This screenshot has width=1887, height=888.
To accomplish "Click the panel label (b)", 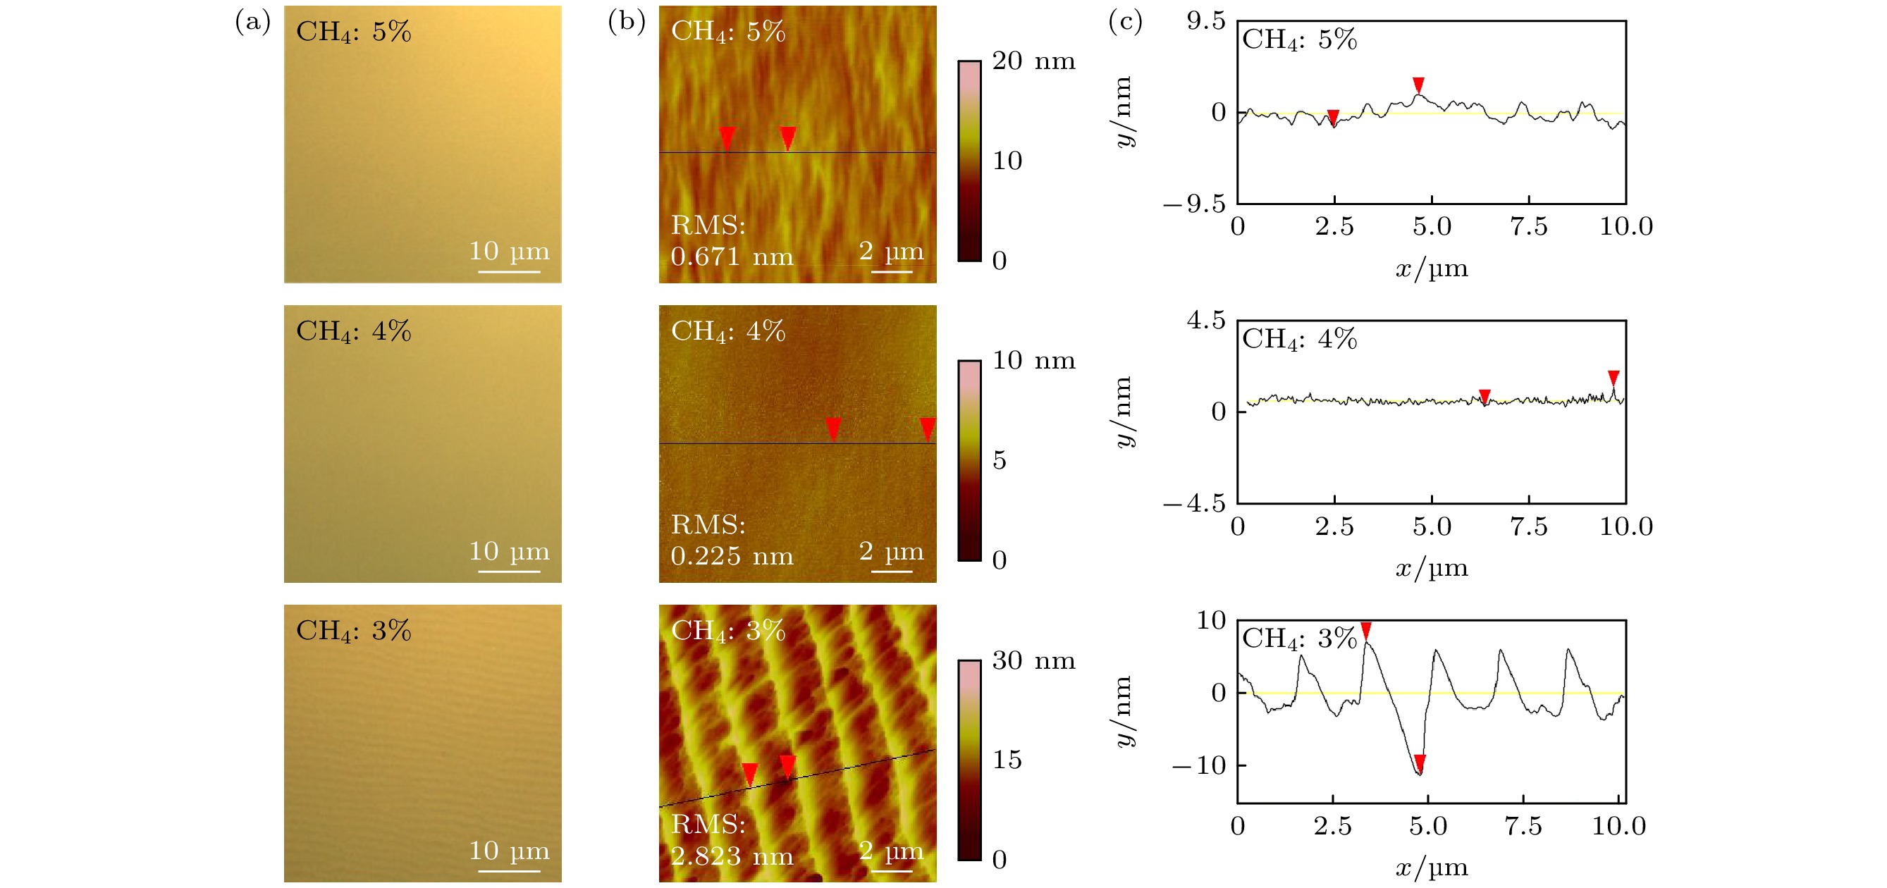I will (x=627, y=22).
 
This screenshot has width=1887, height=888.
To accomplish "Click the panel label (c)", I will (x=1125, y=22).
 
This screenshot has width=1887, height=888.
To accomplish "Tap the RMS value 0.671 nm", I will (x=732, y=257).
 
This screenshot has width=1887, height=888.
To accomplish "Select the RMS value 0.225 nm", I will (x=732, y=557).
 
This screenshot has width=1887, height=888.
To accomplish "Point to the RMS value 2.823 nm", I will (x=732, y=856).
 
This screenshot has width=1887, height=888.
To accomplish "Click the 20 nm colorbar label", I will (x=1033, y=61).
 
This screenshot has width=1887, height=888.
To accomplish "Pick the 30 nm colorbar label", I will (x=1033, y=661).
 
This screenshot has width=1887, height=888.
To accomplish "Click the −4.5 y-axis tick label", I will (x=1194, y=503).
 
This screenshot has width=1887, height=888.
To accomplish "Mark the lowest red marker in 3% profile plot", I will (x=1420, y=763).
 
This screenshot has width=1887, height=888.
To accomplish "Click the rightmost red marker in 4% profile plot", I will (x=1613, y=378).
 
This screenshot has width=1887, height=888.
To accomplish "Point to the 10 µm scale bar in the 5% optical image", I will (x=509, y=272).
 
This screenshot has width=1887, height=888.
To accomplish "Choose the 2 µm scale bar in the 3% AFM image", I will (x=892, y=871).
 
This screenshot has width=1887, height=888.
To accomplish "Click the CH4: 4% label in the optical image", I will (x=353, y=331).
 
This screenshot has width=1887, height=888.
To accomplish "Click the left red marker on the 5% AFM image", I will (x=727, y=137).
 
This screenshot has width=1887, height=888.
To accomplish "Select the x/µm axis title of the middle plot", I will (x=1432, y=568).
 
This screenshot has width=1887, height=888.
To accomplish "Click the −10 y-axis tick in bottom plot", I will (x=1199, y=765).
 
